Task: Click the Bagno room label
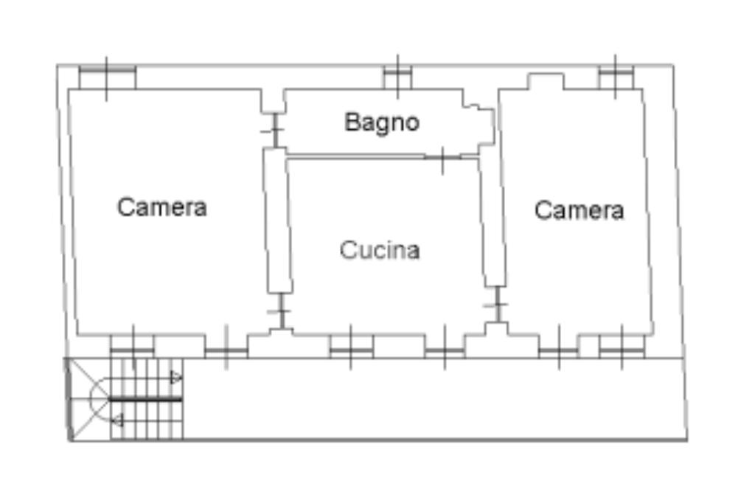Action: [x=382, y=123]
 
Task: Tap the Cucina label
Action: [x=380, y=249]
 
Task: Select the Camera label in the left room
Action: [x=161, y=207]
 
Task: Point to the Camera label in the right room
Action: [x=579, y=210]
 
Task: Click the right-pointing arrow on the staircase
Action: [x=176, y=378]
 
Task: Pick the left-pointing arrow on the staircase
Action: [x=117, y=420]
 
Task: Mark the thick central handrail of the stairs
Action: [x=145, y=399]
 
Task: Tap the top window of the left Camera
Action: [x=107, y=77]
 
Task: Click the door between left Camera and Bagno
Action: [x=274, y=130]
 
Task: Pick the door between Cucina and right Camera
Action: [x=498, y=305]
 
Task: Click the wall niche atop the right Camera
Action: [x=546, y=81]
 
